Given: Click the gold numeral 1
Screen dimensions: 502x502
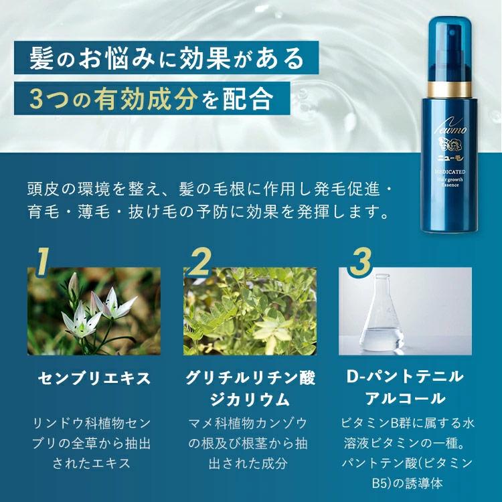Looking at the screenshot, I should (43, 264).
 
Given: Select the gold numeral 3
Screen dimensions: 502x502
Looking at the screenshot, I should (360, 263).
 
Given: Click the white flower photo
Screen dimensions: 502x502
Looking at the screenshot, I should (94, 311).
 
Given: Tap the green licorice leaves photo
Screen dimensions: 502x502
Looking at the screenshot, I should (250, 311).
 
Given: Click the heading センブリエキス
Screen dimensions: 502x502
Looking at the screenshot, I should (94, 378).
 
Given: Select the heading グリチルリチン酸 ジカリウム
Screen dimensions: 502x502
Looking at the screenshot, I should (250, 388).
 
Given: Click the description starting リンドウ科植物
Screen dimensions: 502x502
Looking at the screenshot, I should (94, 443).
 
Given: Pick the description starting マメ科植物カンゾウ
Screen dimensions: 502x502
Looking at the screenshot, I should (250, 443).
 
